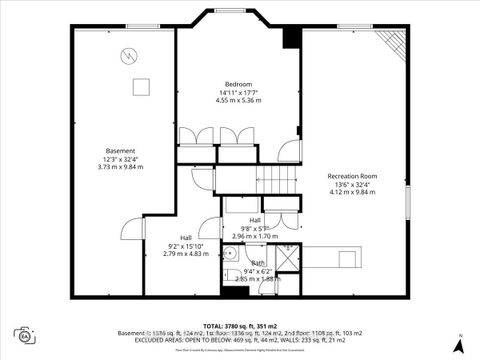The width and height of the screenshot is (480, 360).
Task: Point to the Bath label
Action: pyautogui.click(x=258, y=263)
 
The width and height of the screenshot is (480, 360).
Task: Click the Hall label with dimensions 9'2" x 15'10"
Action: pyautogui.click(x=185, y=237)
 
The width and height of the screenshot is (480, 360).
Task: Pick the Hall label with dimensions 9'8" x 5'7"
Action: pyautogui.click(x=255, y=220)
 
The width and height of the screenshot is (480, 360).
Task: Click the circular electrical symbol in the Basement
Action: pyautogui.click(x=129, y=58)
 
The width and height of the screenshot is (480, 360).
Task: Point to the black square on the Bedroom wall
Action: pyautogui.click(x=291, y=37)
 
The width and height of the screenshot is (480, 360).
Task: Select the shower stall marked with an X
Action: pyautogui.click(x=288, y=254)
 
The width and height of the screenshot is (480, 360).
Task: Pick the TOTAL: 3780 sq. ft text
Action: pyautogui.click(x=239, y=326)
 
